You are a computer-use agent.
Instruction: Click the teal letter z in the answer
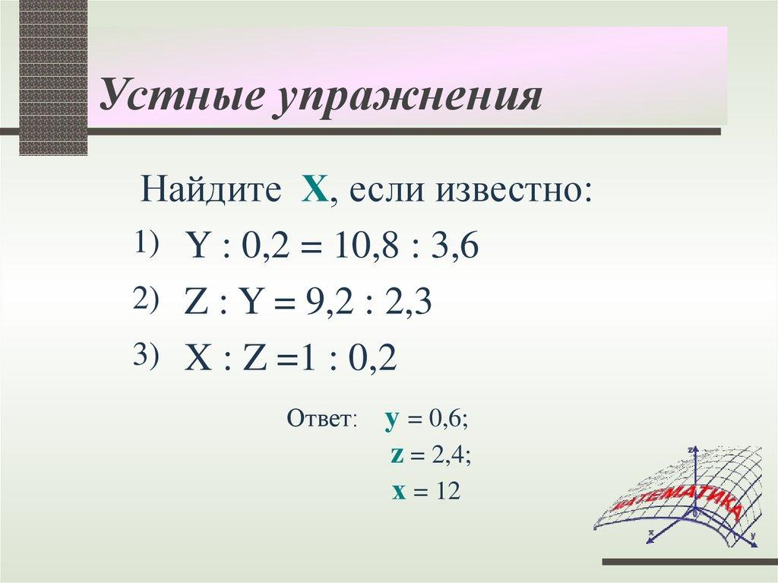click(x=396, y=456)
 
